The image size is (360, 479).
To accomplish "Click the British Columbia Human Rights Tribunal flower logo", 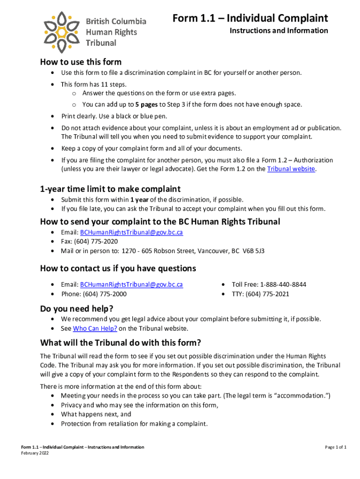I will tap(62, 31).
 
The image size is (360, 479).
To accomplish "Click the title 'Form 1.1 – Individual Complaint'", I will tap(250, 18).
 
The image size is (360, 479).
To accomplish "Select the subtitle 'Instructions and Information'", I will tap(279, 31).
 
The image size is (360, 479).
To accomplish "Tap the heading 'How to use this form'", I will tap(81, 62).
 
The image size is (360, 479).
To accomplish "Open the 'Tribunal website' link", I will tap(291, 169).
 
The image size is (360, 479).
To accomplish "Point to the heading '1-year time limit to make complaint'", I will tap(110, 189).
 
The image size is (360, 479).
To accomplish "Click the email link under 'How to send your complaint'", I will tap(131, 232).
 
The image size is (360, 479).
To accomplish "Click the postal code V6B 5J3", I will tap(253, 251).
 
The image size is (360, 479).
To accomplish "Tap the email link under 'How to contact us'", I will tap(131, 284).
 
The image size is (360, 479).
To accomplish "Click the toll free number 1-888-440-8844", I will tap(283, 284).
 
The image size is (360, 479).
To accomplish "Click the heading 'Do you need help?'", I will tap(77, 309).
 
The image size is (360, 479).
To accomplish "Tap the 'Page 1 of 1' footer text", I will tap(336, 447).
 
